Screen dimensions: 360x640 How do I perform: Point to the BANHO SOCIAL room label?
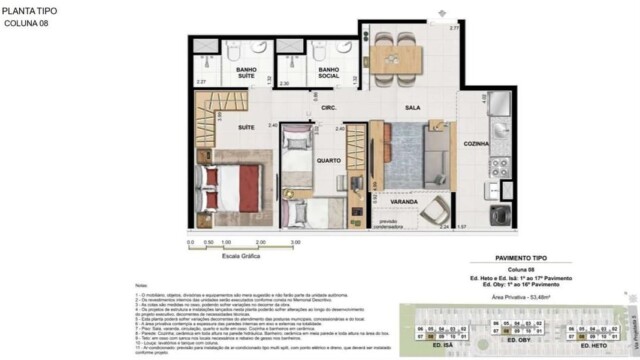click(331, 71)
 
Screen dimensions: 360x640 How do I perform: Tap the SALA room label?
click(411, 107)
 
